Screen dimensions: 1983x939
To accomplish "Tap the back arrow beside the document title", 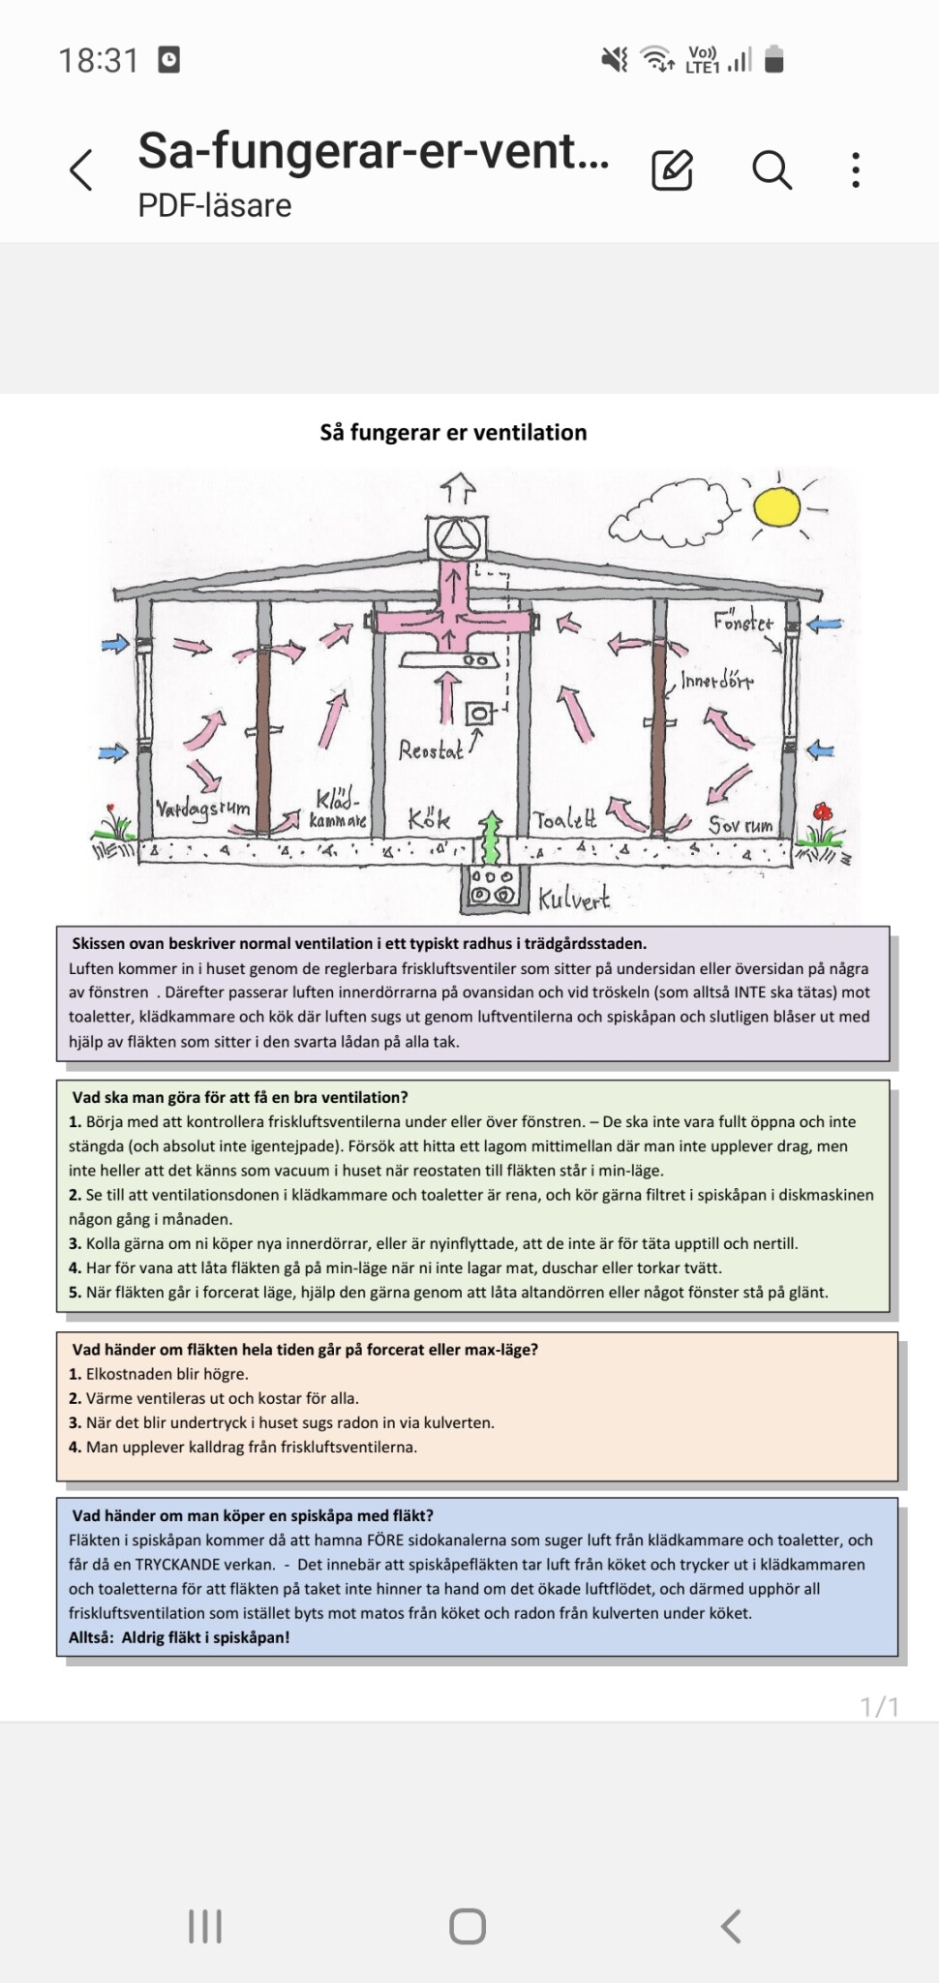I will click(x=82, y=170).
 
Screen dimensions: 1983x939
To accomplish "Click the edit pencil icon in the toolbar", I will click(x=672, y=170).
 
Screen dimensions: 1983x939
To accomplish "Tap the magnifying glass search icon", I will click(x=772, y=170).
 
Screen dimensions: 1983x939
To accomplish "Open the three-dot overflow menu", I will click(x=856, y=170).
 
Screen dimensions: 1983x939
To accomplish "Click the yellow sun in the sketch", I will click(x=776, y=506).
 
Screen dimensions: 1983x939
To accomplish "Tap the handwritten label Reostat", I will click(x=431, y=749).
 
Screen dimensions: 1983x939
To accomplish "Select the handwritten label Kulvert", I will click(x=574, y=899).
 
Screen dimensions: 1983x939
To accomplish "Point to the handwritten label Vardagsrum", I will click(x=203, y=808).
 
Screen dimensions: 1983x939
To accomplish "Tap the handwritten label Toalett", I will click(x=565, y=820).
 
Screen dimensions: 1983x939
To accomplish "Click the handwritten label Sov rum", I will click(x=741, y=825).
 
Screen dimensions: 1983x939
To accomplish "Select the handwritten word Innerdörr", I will click(x=716, y=681).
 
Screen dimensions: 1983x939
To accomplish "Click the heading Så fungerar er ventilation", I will click(x=453, y=432).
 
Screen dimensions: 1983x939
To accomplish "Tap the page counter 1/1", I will click(x=879, y=1706).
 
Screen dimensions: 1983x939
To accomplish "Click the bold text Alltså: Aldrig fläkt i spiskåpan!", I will click(x=179, y=1637).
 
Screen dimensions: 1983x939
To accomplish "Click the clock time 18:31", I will click(x=99, y=61).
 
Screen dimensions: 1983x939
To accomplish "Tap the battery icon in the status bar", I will click(x=773, y=60).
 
